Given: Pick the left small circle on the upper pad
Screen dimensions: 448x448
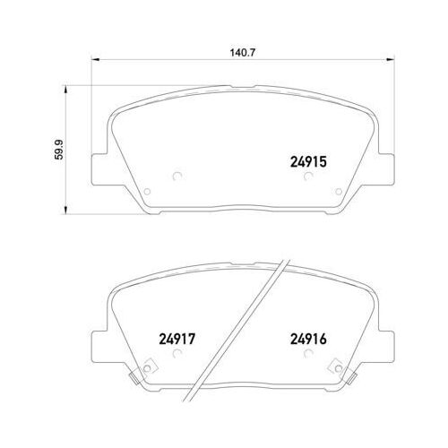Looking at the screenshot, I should [x=176, y=176].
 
